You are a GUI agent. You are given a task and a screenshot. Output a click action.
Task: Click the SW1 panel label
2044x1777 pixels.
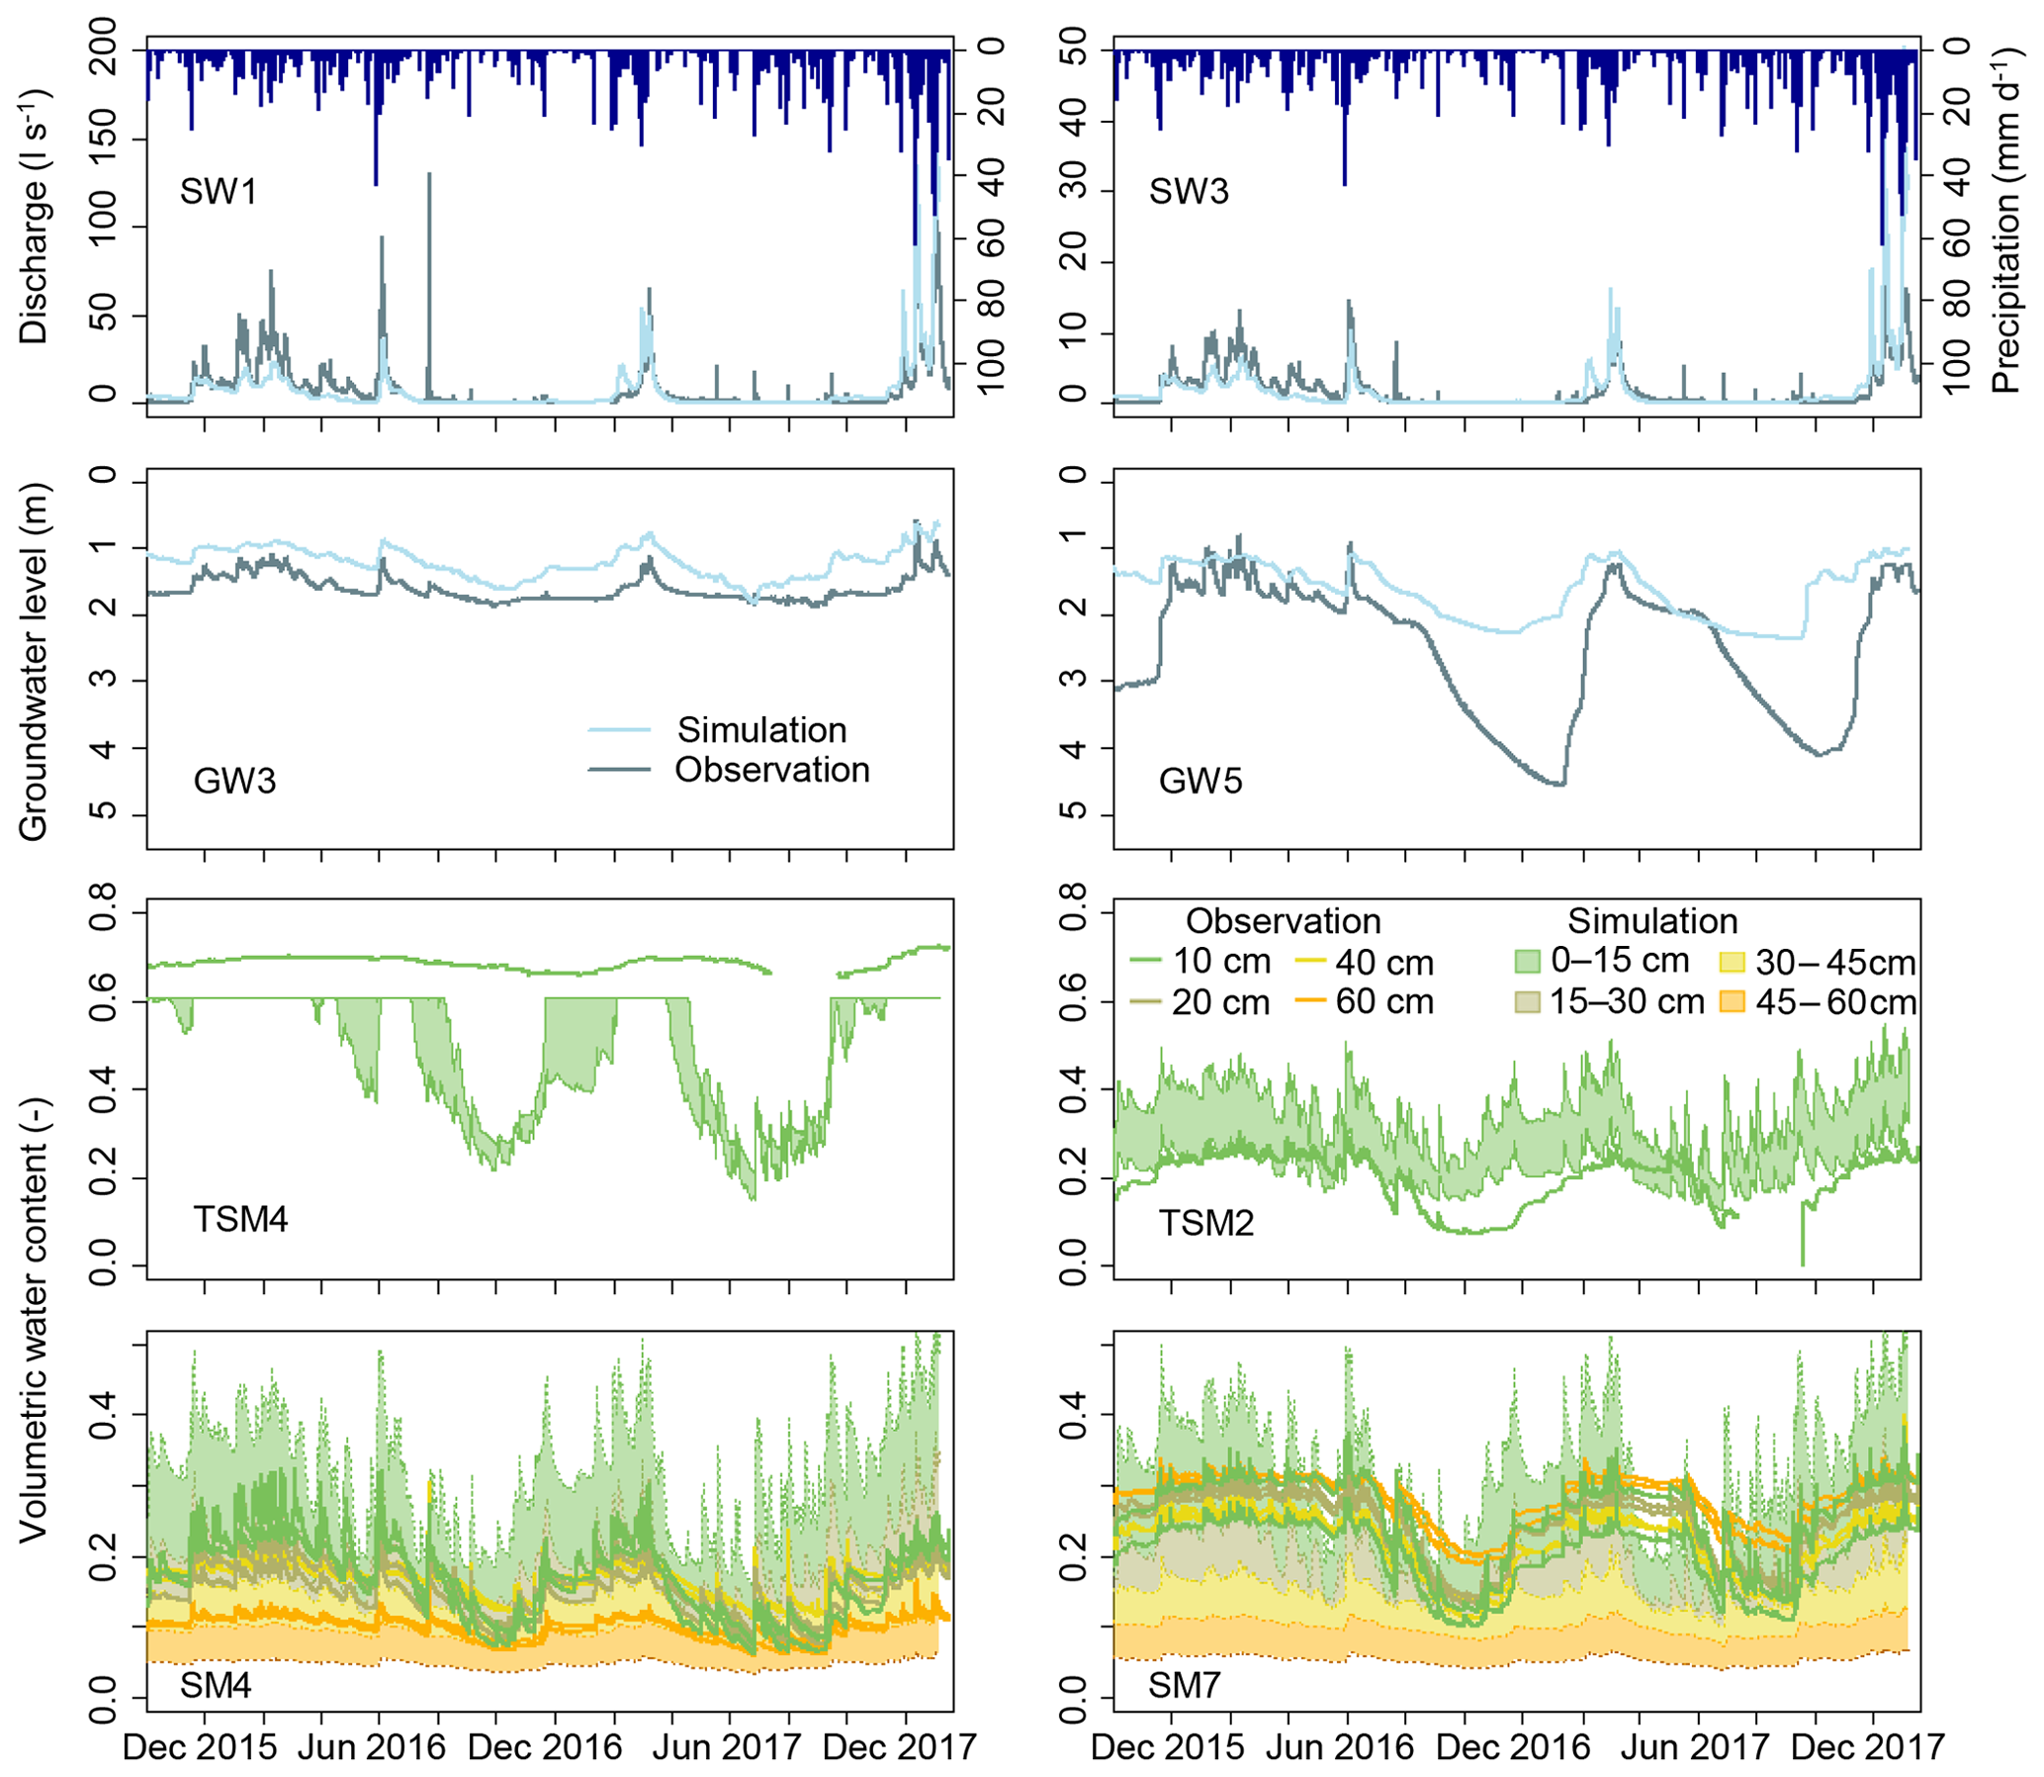click(x=219, y=191)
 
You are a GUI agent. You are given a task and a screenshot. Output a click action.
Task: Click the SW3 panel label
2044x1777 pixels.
click(x=1189, y=191)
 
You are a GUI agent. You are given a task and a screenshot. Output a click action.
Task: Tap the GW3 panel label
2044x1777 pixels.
click(x=235, y=782)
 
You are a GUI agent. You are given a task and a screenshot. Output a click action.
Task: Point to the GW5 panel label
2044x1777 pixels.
click(x=1200, y=782)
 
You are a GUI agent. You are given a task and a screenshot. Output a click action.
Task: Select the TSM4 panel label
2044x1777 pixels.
click(x=241, y=1219)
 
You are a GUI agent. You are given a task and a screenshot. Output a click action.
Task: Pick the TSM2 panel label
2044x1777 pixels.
click(x=1206, y=1223)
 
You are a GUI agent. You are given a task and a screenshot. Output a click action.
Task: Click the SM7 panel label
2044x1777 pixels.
click(x=1185, y=1685)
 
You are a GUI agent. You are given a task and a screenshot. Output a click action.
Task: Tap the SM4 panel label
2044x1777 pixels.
click(x=216, y=1685)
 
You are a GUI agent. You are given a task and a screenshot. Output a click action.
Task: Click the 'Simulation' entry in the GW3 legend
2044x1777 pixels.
click(x=761, y=731)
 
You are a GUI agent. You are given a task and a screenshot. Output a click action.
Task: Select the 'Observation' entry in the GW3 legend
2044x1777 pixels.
click(x=772, y=771)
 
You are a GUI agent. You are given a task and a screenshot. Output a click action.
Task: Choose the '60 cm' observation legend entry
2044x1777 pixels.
click(x=1383, y=1001)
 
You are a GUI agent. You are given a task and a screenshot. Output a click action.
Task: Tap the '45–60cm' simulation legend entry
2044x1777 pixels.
click(x=1834, y=1002)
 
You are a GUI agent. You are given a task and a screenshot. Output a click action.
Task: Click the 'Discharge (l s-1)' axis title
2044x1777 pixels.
click(x=34, y=217)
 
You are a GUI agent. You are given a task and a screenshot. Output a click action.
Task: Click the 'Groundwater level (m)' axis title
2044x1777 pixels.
click(x=34, y=662)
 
